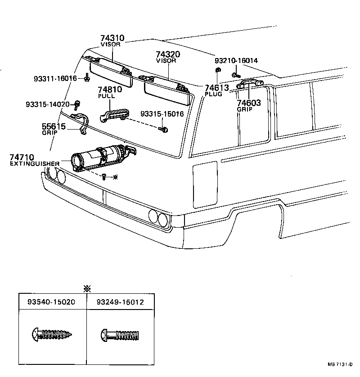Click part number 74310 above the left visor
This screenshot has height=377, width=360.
112,39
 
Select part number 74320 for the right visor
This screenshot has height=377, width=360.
168,54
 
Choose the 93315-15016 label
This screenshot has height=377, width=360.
162,114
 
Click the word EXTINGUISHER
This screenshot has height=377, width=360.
35,164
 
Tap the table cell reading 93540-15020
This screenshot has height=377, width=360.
52,302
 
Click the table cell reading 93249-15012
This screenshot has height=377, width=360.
120,302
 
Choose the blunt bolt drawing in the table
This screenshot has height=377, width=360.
120,335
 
